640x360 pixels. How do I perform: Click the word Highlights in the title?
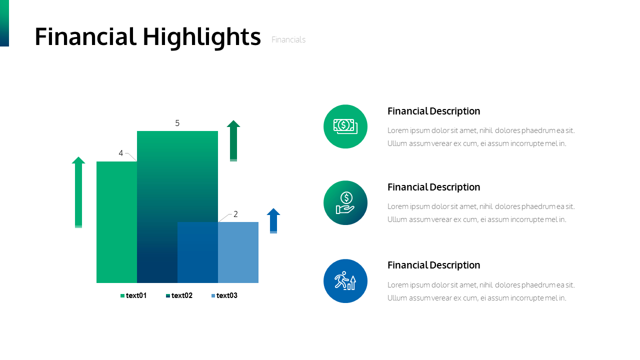coord(201,37)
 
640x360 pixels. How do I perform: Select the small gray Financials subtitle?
coord(288,39)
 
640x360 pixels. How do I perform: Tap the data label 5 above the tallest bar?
coord(177,123)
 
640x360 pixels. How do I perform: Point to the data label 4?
coord(121,153)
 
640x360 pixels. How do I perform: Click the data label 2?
coord(235,214)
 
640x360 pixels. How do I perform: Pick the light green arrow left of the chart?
coord(78,192)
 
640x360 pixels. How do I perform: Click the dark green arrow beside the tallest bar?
coord(233,141)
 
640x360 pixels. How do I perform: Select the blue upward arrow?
coord(273,221)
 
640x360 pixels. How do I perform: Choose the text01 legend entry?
coord(133,295)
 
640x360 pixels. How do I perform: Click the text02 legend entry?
coord(179,295)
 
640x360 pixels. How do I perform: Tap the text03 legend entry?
coord(224,295)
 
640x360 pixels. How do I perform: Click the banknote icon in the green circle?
coord(345,126)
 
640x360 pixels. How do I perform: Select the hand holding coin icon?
coord(345,203)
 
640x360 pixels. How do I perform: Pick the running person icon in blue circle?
coord(345,281)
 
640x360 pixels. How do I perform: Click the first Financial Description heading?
coord(433,111)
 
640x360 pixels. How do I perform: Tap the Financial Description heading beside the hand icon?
coord(433,187)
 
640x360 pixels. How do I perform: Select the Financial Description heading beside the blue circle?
coord(433,265)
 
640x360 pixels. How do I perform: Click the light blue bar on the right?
coord(238,252)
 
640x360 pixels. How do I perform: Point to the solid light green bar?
coord(116,222)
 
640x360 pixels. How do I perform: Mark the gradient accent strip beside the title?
coord(4,23)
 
